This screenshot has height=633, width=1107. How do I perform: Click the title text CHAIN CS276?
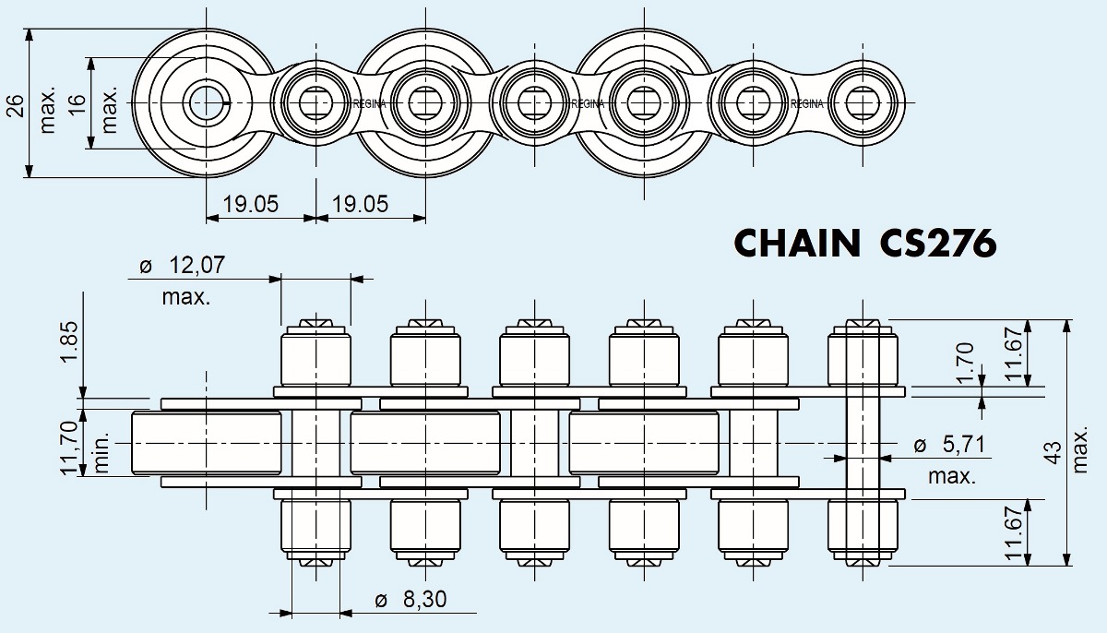pos(864,244)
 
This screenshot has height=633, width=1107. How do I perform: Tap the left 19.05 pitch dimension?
pos(250,204)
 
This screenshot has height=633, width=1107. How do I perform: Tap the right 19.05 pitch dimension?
pos(360,204)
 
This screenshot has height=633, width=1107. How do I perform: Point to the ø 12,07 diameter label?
pos(181,267)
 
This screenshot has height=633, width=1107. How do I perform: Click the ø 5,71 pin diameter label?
pos(950,446)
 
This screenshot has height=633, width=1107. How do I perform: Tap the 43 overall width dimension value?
pos(1053,450)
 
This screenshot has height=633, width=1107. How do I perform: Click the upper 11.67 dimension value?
pos(1016,352)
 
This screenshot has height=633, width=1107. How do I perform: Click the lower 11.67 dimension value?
pos(1016,532)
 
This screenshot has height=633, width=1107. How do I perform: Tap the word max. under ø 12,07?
pos(185,297)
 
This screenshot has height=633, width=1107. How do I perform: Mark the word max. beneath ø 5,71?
pos(952,476)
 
